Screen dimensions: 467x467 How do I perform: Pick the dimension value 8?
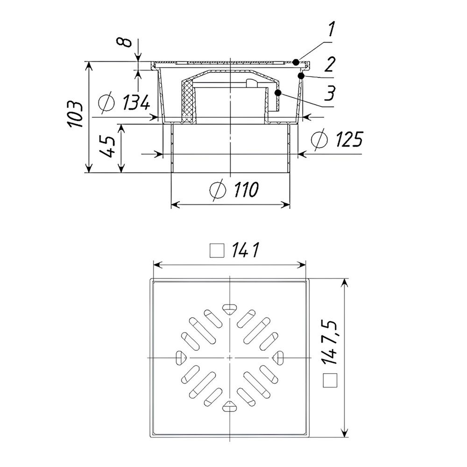point(123,42)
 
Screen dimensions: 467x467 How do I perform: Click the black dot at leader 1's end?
point(296,62)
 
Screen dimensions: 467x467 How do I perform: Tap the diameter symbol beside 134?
point(107,102)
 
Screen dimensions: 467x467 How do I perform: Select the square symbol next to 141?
point(216,252)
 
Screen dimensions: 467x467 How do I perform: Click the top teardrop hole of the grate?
point(229,308)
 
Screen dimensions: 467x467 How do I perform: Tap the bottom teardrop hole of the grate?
point(229,407)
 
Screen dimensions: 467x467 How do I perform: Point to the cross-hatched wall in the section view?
point(188,100)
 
